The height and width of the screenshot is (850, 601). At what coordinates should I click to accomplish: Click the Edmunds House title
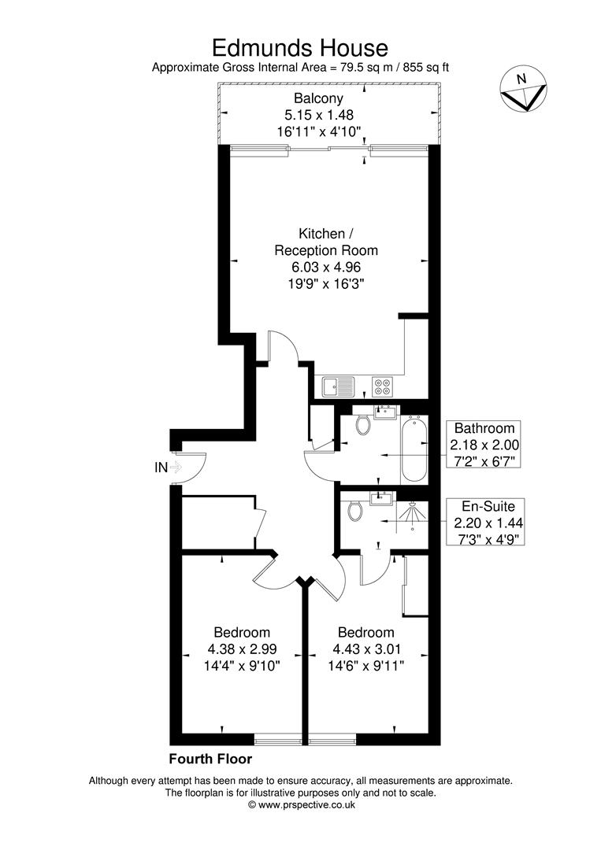[300, 48]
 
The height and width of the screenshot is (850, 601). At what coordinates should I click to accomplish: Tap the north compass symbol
[522, 89]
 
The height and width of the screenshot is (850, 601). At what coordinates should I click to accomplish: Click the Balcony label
[318, 98]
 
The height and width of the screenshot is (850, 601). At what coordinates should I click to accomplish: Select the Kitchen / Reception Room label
[325, 242]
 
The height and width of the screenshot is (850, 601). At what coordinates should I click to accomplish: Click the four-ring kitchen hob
[384, 386]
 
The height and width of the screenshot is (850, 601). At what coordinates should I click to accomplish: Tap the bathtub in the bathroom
[414, 449]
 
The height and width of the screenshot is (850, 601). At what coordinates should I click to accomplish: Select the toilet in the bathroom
[363, 425]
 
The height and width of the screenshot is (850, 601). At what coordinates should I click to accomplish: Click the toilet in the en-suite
[356, 511]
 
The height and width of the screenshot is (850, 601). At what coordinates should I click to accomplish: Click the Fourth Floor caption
[210, 759]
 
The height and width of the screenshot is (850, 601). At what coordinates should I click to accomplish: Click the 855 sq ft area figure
[426, 68]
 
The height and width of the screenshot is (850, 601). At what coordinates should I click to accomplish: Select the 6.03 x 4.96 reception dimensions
[325, 267]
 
